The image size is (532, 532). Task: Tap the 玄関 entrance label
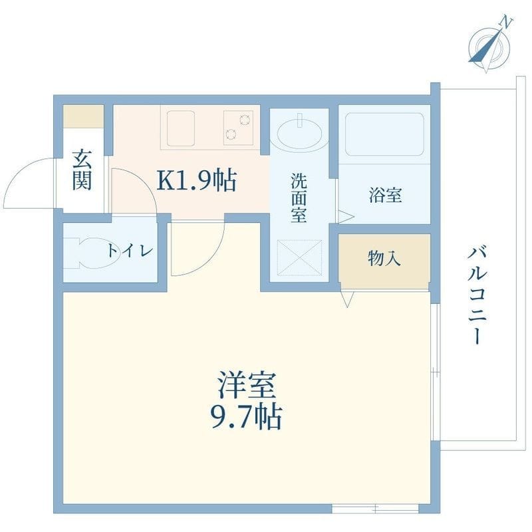pyautogui.click(x=82, y=170)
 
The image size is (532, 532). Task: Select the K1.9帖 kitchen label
pyautogui.click(x=196, y=180)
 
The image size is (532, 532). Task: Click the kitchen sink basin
pyautogui.click(x=180, y=128)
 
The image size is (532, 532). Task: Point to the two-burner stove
pyautogui.click(x=238, y=128)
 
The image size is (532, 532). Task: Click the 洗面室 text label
pyautogui.click(x=299, y=198)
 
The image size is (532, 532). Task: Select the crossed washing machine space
pyautogui.click(x=299, y=257)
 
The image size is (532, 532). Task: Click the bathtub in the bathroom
pyautogui.click(x=384, y=134)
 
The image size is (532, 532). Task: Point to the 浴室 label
pyautogui.click(x=386, y=195)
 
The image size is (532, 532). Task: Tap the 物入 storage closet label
pyautogui.click(x=384, y=259)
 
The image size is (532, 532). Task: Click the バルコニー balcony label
pyautogui.click(x=477, y=296)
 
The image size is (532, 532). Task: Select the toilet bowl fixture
pyautogui.click(x=92, y=253)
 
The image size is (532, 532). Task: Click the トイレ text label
pyautogui.click(x=130, y=251)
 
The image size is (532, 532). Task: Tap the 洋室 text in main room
pyautogui.click(x=247, y=385)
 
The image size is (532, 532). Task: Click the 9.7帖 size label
pyautogui.click(x=247, y=417)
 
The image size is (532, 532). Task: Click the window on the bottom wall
pyautogui.click(x=375, y=509)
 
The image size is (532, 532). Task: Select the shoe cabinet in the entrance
pyautogui.click(x=84, y=116)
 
